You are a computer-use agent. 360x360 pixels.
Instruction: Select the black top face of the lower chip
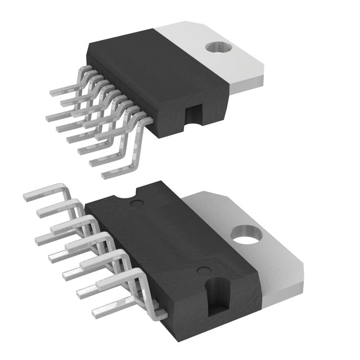pyautogui.click(x=169, y=242)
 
